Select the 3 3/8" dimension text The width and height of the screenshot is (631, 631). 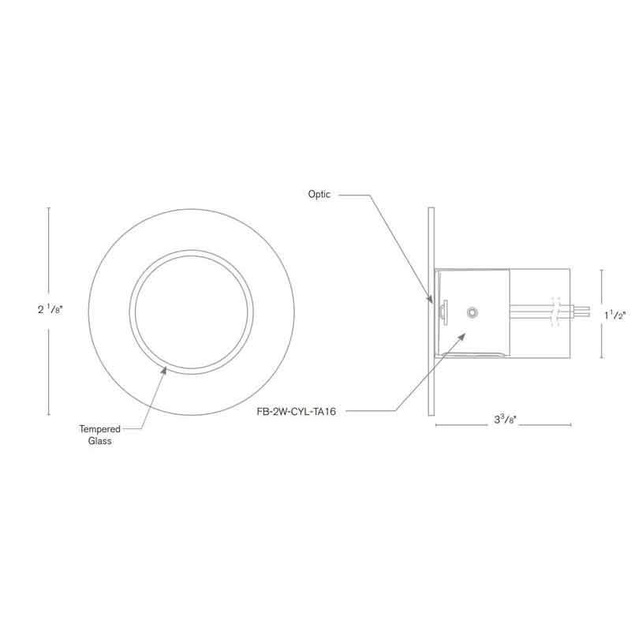502,420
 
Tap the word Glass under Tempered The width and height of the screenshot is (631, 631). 100,442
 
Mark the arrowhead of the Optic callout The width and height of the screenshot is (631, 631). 431,301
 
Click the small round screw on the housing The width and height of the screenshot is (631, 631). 472,313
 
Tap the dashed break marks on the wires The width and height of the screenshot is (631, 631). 559,312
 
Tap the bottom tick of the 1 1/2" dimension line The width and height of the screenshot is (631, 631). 603,357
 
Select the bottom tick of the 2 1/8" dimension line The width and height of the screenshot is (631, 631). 50,414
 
